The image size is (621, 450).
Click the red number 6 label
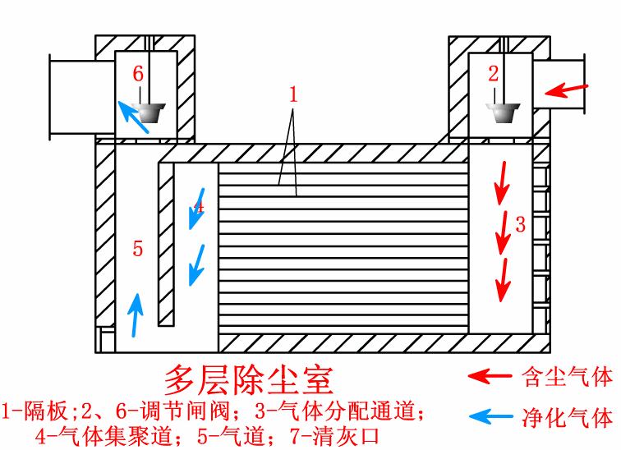pyautogui.click(x=138, y=74)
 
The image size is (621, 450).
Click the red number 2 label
pyautogui.click(x=493, y=74)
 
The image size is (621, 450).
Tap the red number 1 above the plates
pyautogui.click(x=292, y=94)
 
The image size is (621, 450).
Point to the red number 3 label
pyautogui.click(x=520, y=223)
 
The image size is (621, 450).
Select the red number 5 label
pyautogui.click(x=138, y=249)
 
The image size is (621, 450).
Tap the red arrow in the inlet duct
pyautogui.click(x=568, y=89)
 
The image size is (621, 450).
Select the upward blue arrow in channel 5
pyautogui.click(x=136, y=315)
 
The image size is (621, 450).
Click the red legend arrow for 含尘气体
pyautogui.click(x=489, y=376)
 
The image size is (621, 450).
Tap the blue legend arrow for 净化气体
pyautogui.click(x=489, y=417)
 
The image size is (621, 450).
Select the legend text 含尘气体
pyautogui.click(x=568, y=377)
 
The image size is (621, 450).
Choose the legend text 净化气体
pyautogui.click(x=568, y=417)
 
